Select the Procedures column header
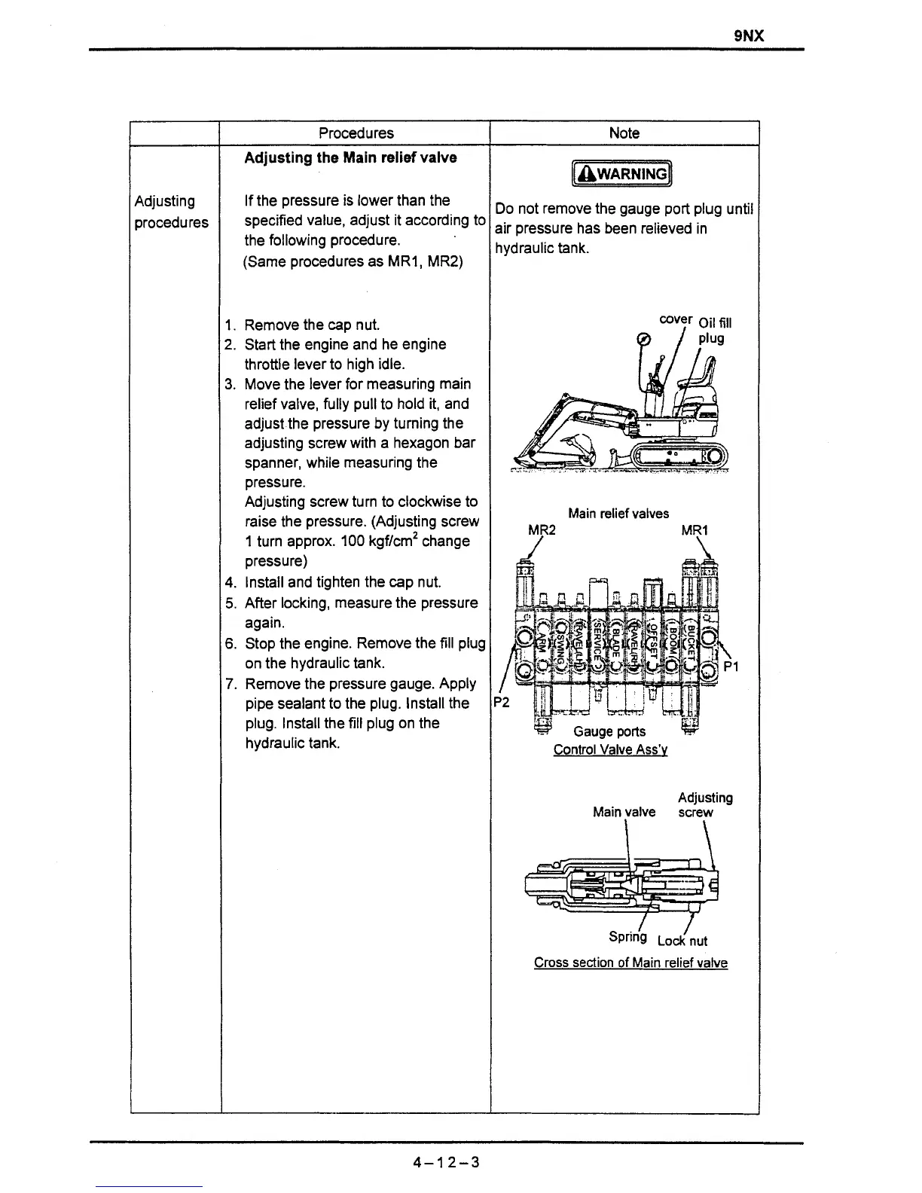click(x=356, y=133)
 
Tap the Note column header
click(x=624, y=133)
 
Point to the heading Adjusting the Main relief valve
click(x=350, y=157)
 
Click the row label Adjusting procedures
click(x=171, y=212)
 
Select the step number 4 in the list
click(x=229, y=582)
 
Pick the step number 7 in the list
click(x=229, y=684)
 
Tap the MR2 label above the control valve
click(x=542, y=530)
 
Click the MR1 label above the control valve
click(x=695, y=530)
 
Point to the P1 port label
click(x=731, y=667)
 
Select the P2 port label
click(x=502, y=703)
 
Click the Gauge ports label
click(x=609, y=731)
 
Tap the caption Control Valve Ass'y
click(x=610, y=749)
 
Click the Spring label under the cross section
click(x=627, y=937)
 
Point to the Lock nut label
click(x=682, y=941)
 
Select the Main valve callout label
click(x=624, y=812)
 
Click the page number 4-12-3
click(x=446, y=1162)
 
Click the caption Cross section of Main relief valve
click(x=630, y=963)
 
